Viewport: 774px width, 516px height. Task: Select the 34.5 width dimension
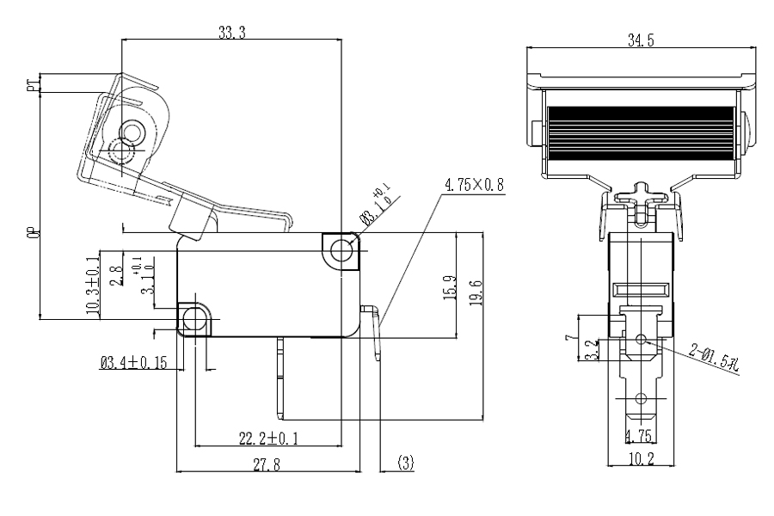[640, 40]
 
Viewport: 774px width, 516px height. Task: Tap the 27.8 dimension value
[266, 464]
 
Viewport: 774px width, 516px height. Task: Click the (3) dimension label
[406, 463]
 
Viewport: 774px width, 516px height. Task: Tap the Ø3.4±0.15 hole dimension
[134, 363]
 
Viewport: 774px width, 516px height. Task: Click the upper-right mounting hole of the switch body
[341, 250]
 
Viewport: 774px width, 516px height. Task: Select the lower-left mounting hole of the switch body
[194, 320]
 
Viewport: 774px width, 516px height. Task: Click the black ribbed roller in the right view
[641, 132]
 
